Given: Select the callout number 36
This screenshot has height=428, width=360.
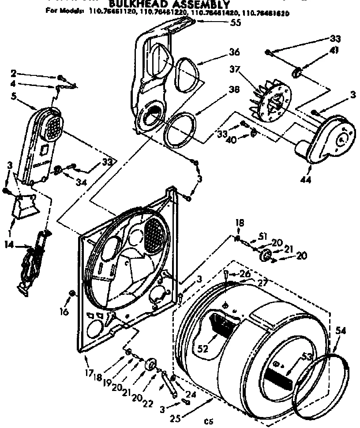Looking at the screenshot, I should tap(234, 52).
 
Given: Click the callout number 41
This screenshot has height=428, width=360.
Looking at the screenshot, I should tap(334, 50).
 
